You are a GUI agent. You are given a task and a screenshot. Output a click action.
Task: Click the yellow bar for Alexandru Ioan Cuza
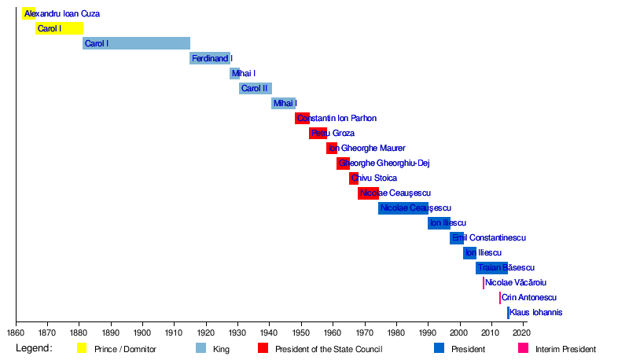tap(28, 13)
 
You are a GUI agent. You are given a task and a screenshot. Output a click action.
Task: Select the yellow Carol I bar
tap(59, 28)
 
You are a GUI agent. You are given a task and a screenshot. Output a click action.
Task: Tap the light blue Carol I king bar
tap(136, 43)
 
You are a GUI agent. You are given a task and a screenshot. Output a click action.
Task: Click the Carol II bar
tap(256, 88)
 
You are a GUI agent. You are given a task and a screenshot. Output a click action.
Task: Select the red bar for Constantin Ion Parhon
tap(302, 118)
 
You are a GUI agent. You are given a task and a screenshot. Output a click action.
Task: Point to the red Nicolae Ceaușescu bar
tap(368, 193)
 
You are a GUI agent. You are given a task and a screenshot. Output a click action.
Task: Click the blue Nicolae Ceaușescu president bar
tap(403, 208)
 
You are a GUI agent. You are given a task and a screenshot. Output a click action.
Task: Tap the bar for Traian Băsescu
tap(491, 267)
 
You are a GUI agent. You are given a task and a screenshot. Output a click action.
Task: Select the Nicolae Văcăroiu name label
tap(516, 282)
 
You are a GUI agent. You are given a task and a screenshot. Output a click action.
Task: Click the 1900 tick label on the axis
tap(142, 332)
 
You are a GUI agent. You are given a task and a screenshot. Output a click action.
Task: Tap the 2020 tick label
tap(524, 332)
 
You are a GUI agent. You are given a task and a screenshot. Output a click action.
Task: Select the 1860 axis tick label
tap(16, 332)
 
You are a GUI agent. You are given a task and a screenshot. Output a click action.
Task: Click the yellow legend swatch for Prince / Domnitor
tap(82, 348)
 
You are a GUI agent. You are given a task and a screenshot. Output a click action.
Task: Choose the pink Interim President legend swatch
tap(522, 348)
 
